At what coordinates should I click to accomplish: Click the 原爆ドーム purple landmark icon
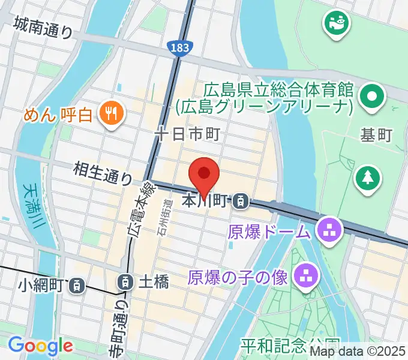click(328, 229)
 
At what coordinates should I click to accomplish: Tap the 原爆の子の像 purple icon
click(305, 276)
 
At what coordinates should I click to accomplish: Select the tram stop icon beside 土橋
click(125, 280)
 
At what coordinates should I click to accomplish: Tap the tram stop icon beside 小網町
click(77, 286)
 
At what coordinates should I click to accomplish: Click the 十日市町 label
click(188, 134)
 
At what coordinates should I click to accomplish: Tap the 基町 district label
click(376, 135)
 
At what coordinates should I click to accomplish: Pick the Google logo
click(40, 346)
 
